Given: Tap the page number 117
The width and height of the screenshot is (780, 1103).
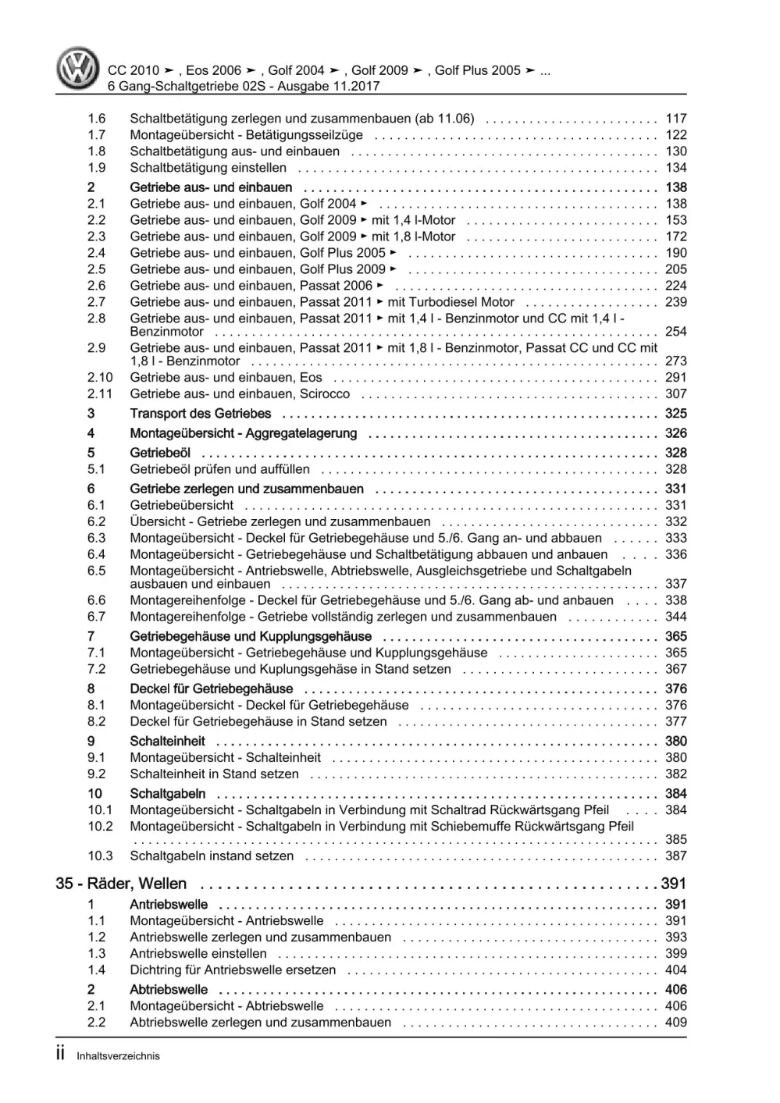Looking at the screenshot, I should (675, 119).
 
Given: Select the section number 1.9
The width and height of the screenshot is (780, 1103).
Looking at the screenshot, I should (96, 168).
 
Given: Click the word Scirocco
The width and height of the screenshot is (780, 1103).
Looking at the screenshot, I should (325, 394).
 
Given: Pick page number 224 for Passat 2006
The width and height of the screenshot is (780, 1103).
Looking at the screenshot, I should (675, 286).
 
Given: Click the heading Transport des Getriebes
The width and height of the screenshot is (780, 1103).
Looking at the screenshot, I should (201, 414).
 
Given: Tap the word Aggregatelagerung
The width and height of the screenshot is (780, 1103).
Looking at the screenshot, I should (302, 433).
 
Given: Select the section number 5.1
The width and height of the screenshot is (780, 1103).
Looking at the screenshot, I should (96, 469).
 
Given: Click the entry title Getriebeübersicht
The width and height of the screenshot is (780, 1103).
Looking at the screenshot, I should (182, 505).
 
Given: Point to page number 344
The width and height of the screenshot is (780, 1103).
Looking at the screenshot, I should (675, 617).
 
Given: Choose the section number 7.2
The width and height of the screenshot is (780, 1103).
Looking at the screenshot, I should (96, 669).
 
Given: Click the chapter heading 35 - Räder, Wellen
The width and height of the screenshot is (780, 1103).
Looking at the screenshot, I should (122, 884).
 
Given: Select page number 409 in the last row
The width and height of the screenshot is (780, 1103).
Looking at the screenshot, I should (675, 1023).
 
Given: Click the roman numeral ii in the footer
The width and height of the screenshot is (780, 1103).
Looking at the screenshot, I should (62, 1055).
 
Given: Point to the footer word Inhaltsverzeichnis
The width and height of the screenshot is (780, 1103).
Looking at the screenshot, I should (118, 1056).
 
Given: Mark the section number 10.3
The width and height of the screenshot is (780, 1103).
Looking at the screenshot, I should (99, 856).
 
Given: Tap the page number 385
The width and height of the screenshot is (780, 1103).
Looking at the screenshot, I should (675, 840).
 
